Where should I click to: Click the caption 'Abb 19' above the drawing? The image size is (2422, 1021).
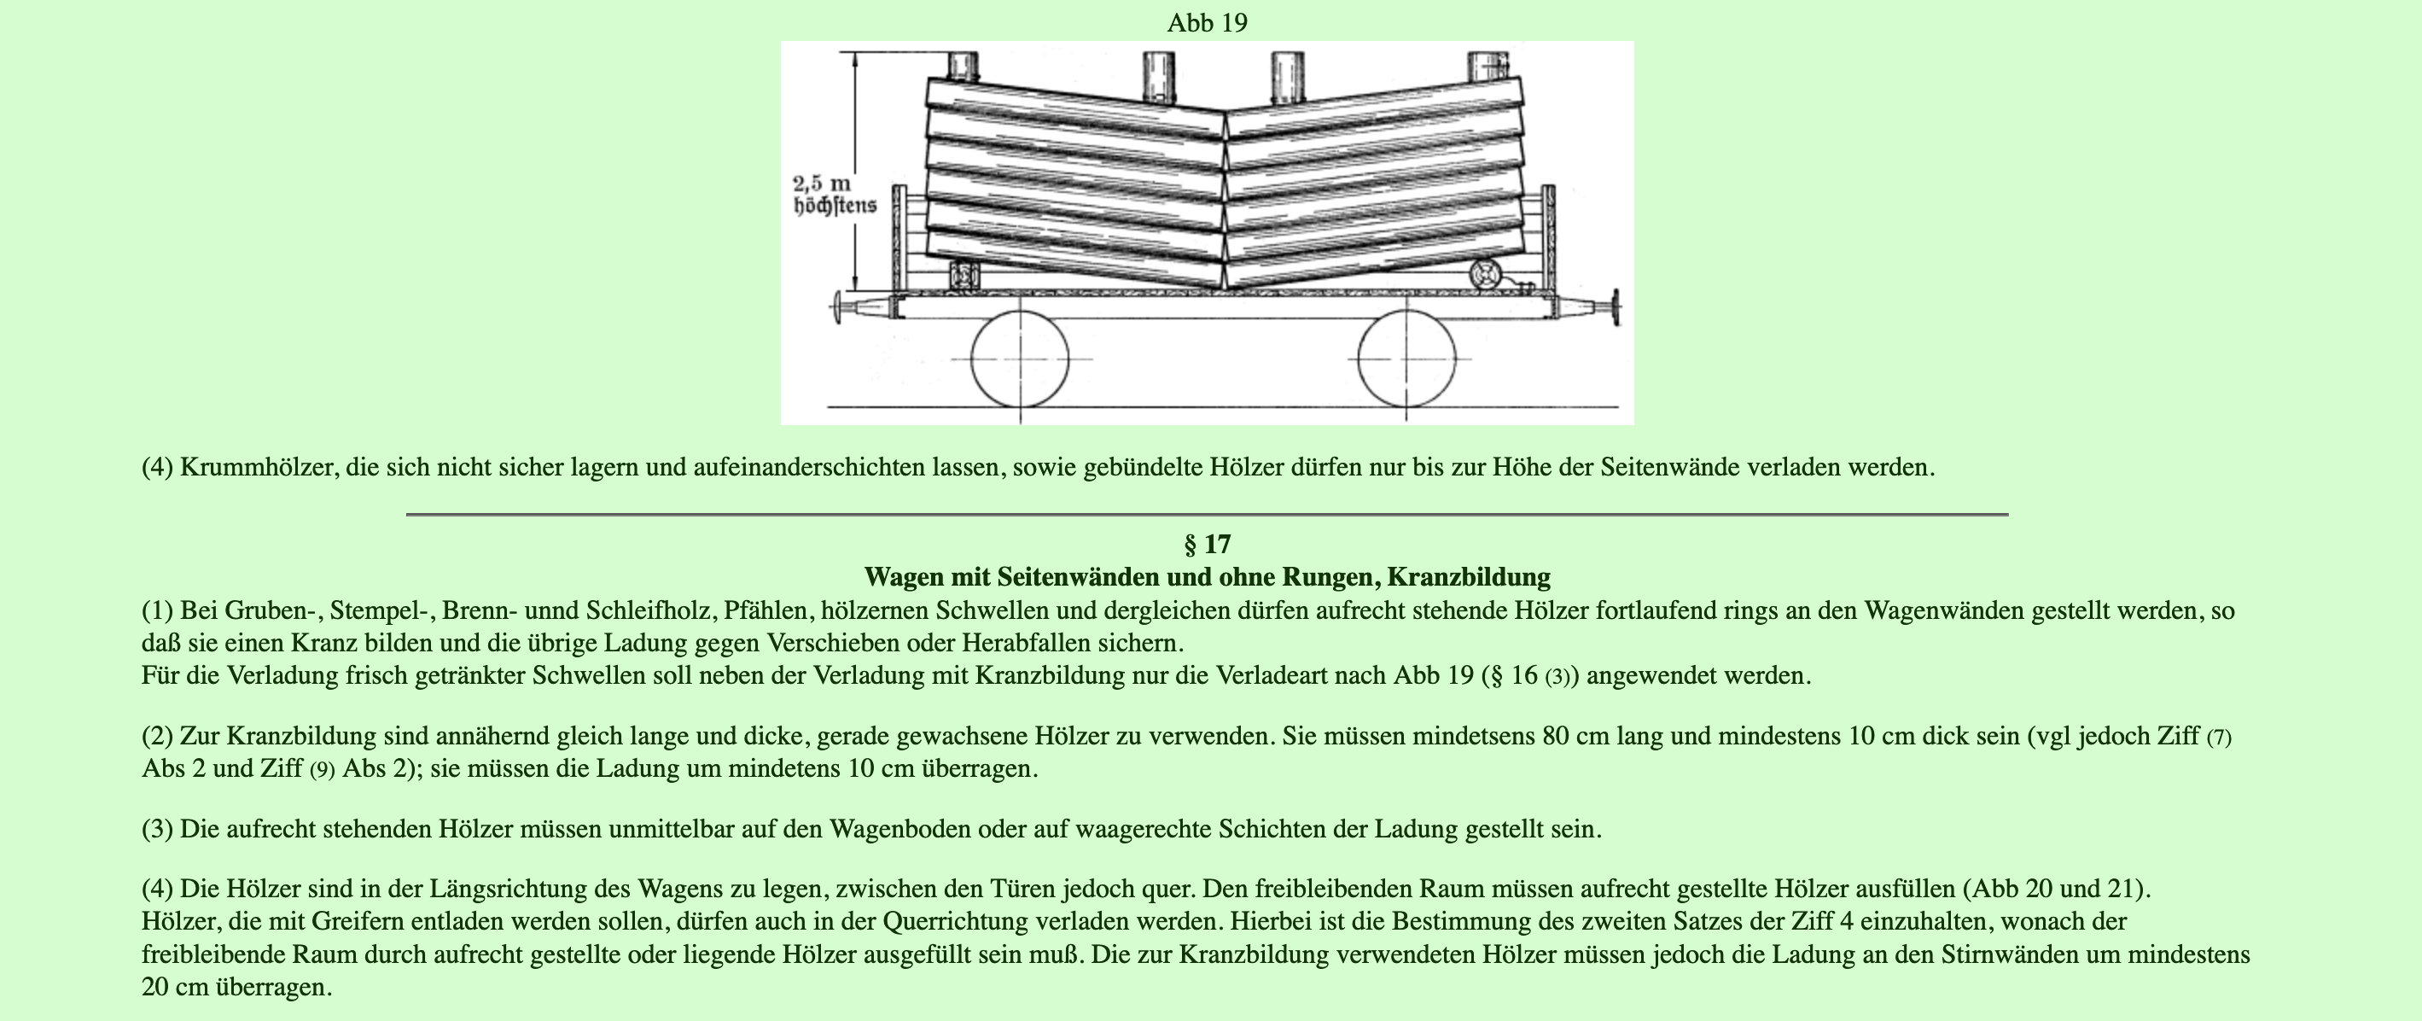(x=1208, y=22)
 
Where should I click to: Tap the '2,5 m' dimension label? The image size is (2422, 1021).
(x=821, y=184)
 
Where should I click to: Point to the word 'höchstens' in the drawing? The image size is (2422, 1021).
(x=835, y=205)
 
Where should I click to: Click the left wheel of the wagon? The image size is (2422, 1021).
(x=1020, y=359)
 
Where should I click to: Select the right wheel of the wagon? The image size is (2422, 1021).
(x=1406, y=359)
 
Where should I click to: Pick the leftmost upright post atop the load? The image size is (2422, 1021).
(x=964, y=65)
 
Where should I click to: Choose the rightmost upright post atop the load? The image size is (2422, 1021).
(x=1488, y=65)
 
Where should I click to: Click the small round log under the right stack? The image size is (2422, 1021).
(x=1486, y=275)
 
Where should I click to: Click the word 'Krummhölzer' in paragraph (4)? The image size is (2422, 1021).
(x=259, y=467)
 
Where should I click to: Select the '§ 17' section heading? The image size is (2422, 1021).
(x=1208, y=545)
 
